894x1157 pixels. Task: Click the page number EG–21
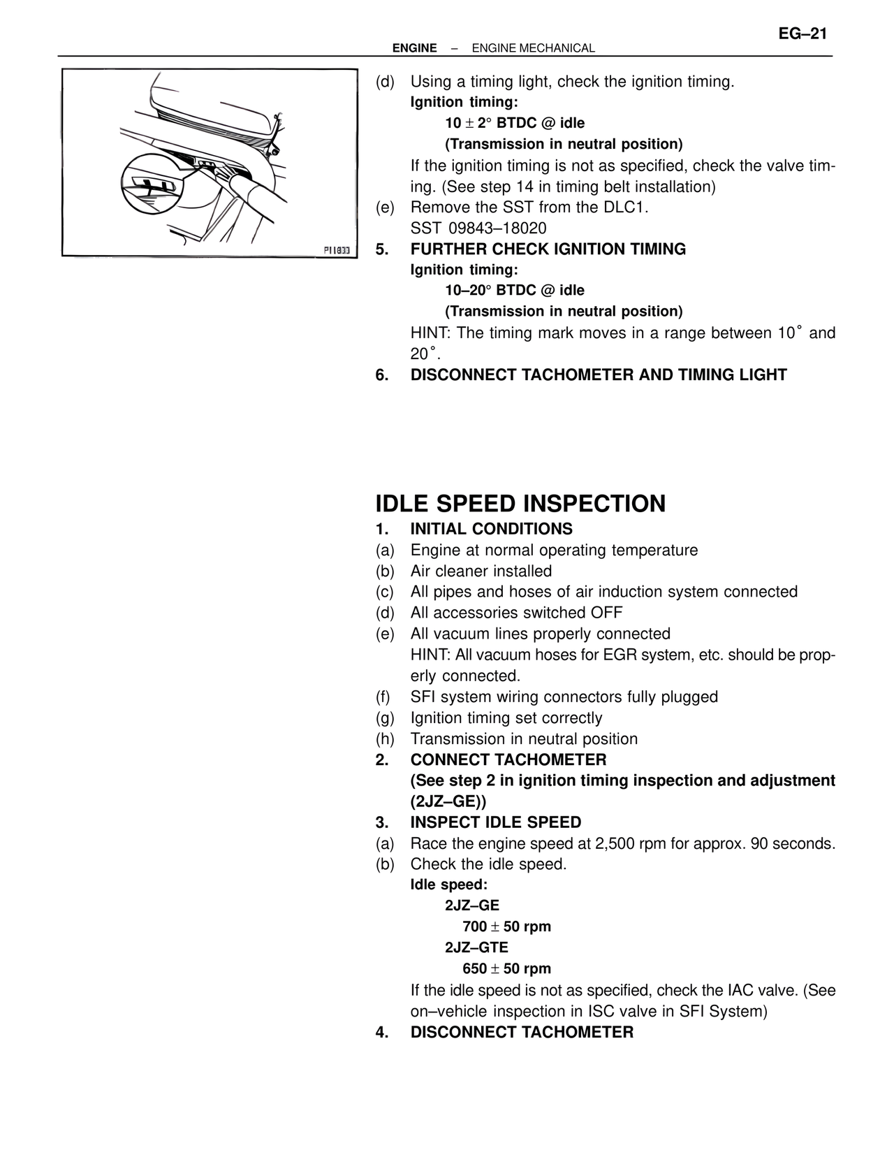[803, 34]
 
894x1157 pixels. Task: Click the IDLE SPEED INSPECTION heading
[520, 504]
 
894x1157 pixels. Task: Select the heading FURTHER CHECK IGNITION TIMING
[548, 249]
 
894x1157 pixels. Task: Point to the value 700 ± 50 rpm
[506, 927]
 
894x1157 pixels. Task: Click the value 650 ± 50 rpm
[506, 969]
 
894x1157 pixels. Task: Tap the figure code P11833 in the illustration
[339, 250]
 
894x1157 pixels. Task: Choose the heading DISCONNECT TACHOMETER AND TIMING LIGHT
[598, 375]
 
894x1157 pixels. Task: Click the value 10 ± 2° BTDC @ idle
[515, 124]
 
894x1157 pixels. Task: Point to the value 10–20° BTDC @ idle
[515, 291]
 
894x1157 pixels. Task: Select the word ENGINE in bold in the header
[414, 48]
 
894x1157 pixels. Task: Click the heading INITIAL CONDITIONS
[491, 529]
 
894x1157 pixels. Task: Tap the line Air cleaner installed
[481, 572]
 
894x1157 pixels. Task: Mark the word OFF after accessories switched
[606, 613]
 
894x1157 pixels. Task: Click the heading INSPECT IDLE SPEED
[495, 822]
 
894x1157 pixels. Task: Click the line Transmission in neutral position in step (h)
[524, 739]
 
